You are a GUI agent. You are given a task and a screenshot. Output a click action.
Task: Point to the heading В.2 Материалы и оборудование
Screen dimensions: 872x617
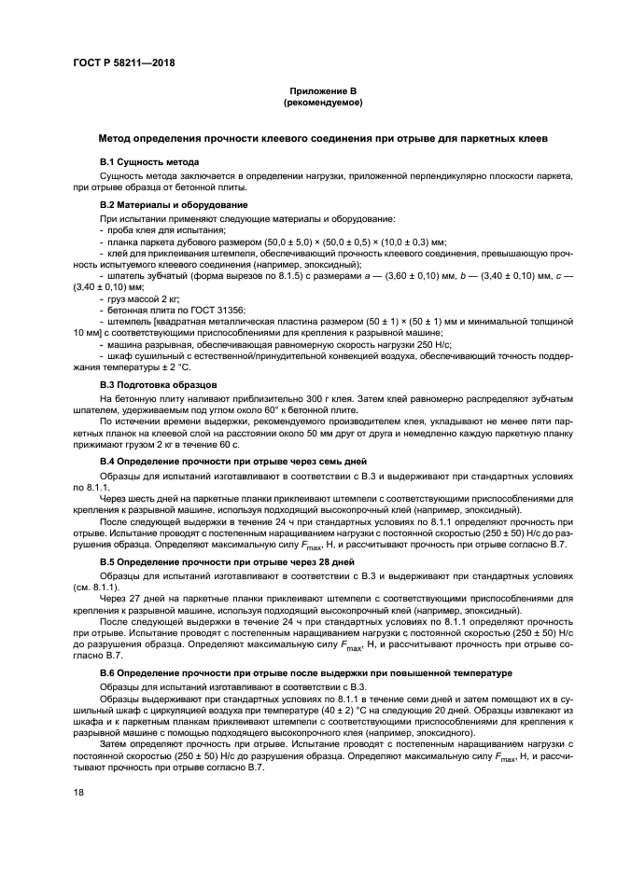(174, 204)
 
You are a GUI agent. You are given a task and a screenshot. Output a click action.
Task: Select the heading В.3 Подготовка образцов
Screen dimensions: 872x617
(159, 384)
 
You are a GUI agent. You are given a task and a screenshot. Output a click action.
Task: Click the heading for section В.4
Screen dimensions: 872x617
(233, 461)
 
